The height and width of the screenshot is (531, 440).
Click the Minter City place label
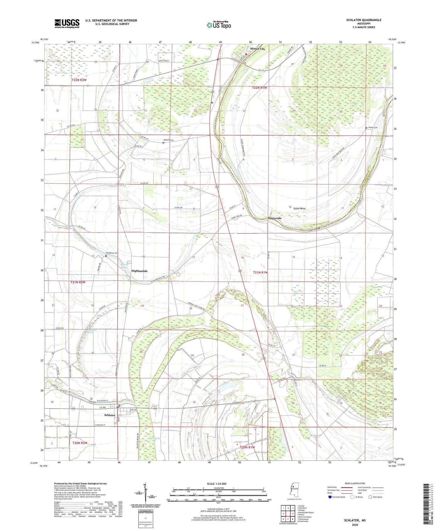point(257,49)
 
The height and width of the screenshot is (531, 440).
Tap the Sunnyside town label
point(275,218)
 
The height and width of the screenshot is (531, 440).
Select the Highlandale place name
point(140,271)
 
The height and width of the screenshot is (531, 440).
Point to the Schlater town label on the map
point(110,415)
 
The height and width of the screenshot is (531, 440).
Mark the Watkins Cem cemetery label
point(169,140)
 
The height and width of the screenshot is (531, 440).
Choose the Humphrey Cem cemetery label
point(112,253)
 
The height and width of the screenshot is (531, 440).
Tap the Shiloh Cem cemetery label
point(373,127)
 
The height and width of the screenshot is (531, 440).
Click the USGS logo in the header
point(67,23)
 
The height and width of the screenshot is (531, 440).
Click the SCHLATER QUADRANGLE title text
point(364,20)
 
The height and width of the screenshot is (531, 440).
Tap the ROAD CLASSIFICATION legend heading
point(355,483)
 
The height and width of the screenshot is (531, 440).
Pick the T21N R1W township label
point(260,272)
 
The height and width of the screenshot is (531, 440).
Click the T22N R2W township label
point(79,80)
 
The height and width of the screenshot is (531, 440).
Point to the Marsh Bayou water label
point(124,266)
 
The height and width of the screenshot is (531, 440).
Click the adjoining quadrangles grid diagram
point(288,513)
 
